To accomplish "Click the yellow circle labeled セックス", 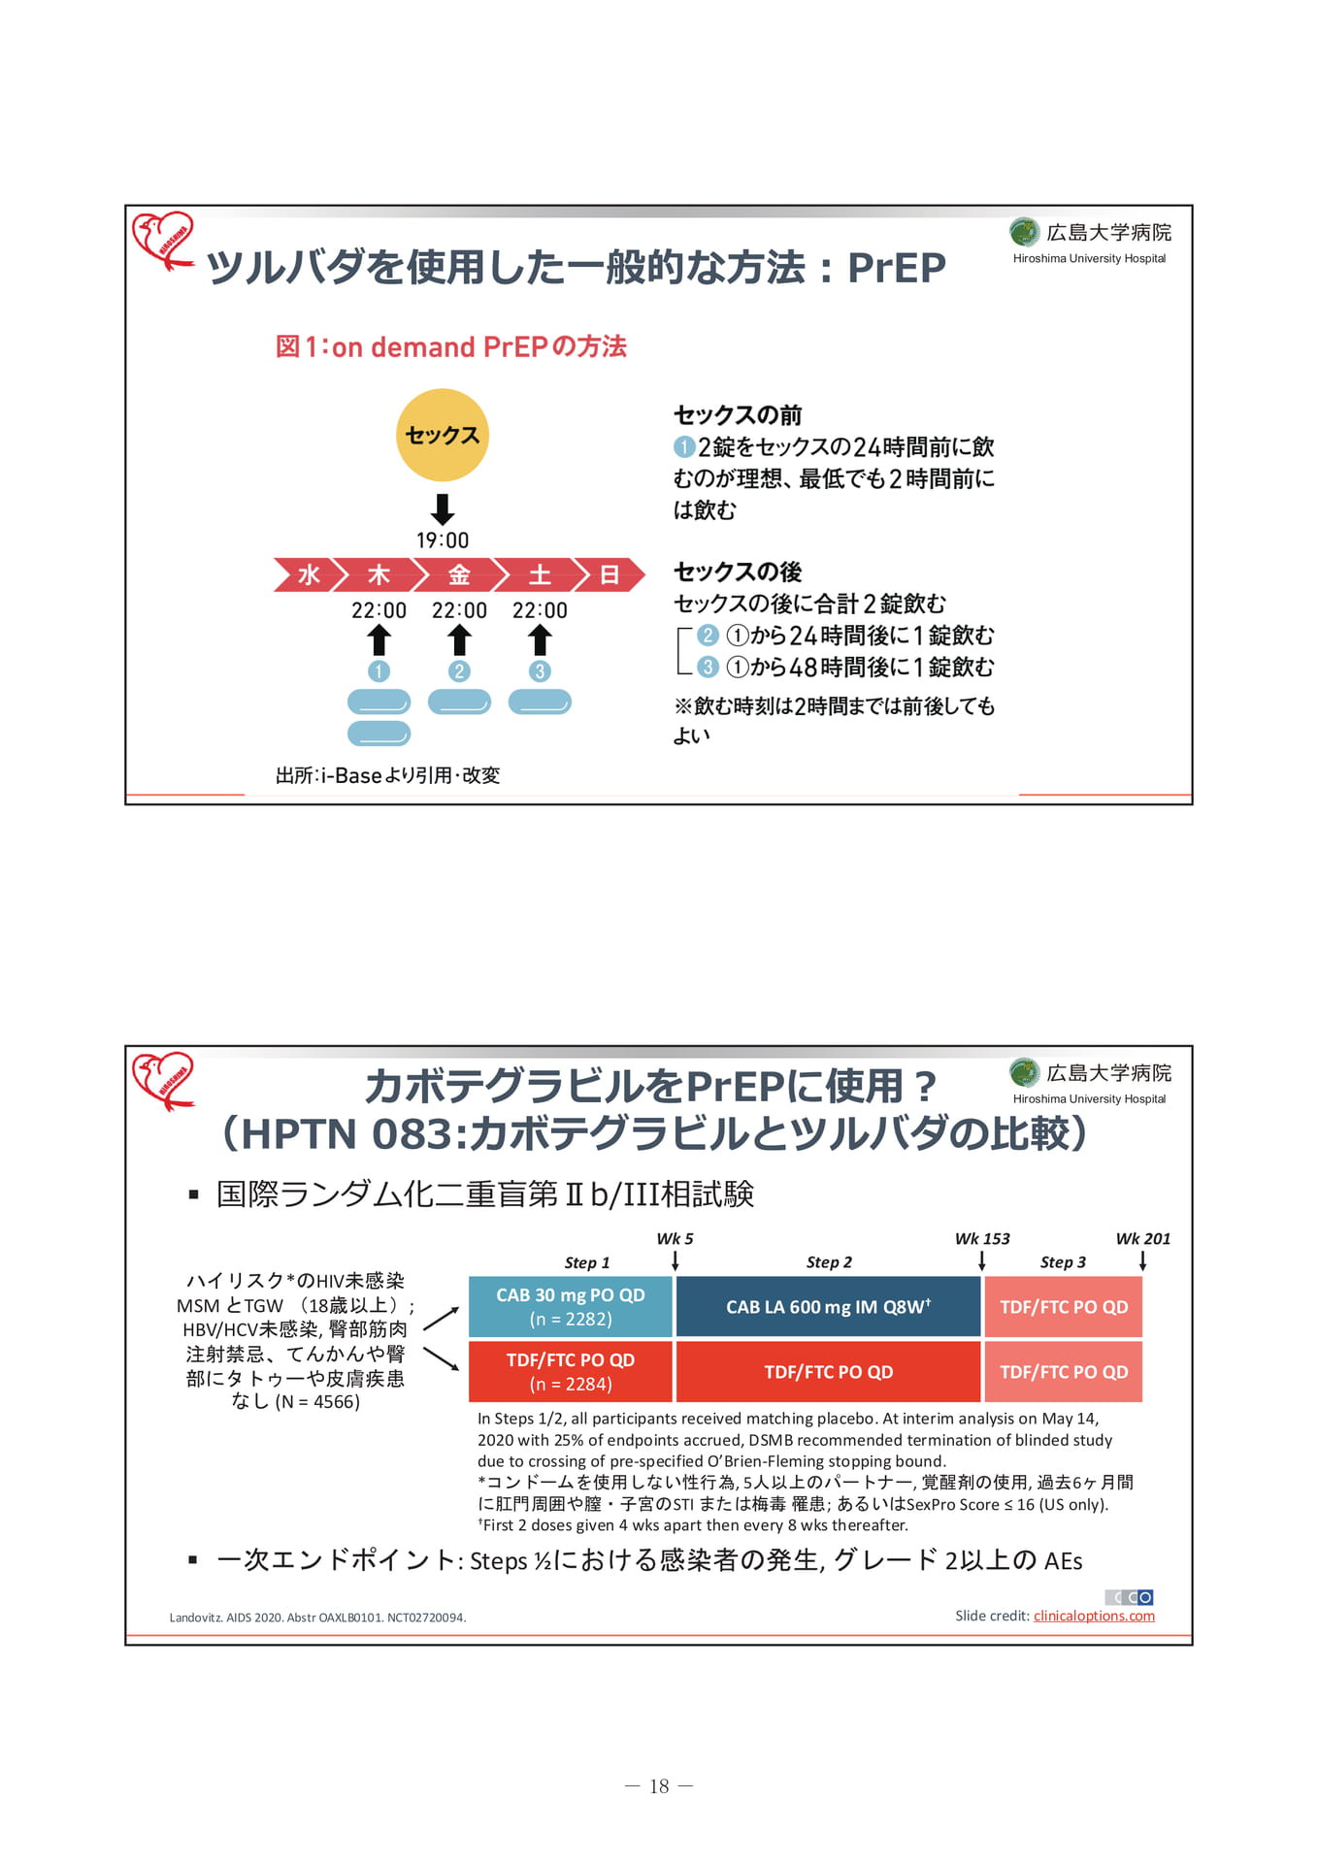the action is pos(443,435).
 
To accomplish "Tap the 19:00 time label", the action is pos(443,540).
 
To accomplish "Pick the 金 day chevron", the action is pos(459,574).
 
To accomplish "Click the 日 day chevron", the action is pos(610,574).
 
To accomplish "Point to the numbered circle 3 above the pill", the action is pos(540,670).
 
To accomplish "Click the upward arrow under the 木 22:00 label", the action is pos(379,640).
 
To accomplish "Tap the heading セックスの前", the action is pos(738,415).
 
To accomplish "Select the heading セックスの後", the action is pos(738,572).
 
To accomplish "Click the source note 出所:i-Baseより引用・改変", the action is pos(388,774).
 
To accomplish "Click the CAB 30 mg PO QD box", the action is pos(571,1306).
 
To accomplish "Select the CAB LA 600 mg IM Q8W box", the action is pos(828,1306).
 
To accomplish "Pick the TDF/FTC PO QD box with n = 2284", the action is pos(571,1371).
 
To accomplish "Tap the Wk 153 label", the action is pos(982,1238).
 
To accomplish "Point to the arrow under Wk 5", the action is pos(675,1260).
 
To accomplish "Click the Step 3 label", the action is pos(1063,1261).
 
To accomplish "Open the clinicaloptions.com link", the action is pos(1094,1616).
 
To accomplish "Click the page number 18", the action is pos(659,1786).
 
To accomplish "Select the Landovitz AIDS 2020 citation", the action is pos(317,1618).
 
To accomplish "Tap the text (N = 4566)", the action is pos(317,1401).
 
